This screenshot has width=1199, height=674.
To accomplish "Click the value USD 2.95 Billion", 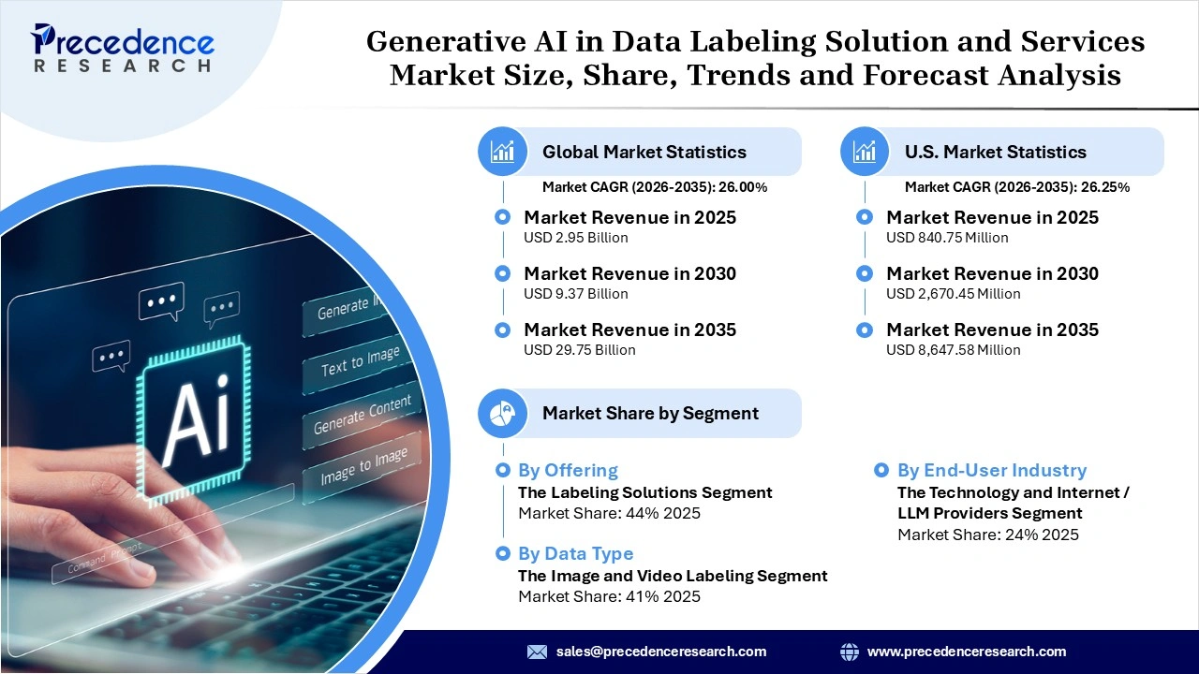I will [575, 238].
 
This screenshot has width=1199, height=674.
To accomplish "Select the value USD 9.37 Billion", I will [575, 294].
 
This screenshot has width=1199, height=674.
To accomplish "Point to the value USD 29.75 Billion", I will [579, 350].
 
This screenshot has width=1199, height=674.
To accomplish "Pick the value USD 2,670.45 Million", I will [953, 294].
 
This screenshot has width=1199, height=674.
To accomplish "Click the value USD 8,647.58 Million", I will [953, 350].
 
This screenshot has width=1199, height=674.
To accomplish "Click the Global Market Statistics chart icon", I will [503, 152].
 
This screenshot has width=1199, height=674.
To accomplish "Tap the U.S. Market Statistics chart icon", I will [866, 152].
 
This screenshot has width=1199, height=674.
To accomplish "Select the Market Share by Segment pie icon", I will [503, 413].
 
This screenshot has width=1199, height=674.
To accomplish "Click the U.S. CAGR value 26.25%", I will [1106, 187].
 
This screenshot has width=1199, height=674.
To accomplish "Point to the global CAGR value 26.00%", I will [743, 187].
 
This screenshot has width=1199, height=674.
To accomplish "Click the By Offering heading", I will [568, 471].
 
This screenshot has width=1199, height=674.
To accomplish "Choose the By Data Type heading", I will [575, 554].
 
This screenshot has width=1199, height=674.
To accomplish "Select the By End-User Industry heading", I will [991, 471].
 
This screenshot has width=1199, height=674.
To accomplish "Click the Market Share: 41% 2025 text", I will [609, 596].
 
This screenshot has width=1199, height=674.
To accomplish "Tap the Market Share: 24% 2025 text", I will [987, 535].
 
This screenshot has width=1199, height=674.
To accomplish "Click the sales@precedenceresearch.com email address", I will [660, 652].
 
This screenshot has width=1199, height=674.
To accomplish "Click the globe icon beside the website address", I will [850, 652].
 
